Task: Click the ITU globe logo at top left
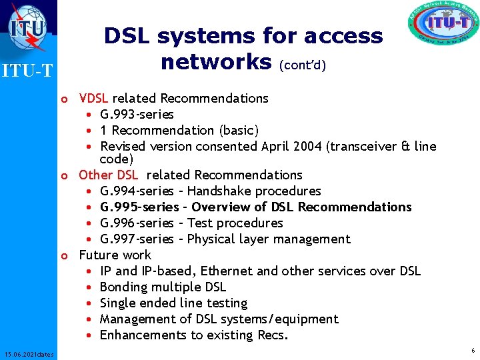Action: [27, 25]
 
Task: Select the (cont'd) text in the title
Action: [303, 65]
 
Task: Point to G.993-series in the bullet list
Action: [137, 115]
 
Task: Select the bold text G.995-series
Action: [139, 207]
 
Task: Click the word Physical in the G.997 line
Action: [216, 239]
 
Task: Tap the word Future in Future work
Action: [97, 255]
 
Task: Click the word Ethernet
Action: [228, 271]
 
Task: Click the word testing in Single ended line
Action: [224, 303]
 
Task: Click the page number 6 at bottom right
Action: [473, 351]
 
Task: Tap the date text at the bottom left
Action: [28, 353]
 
